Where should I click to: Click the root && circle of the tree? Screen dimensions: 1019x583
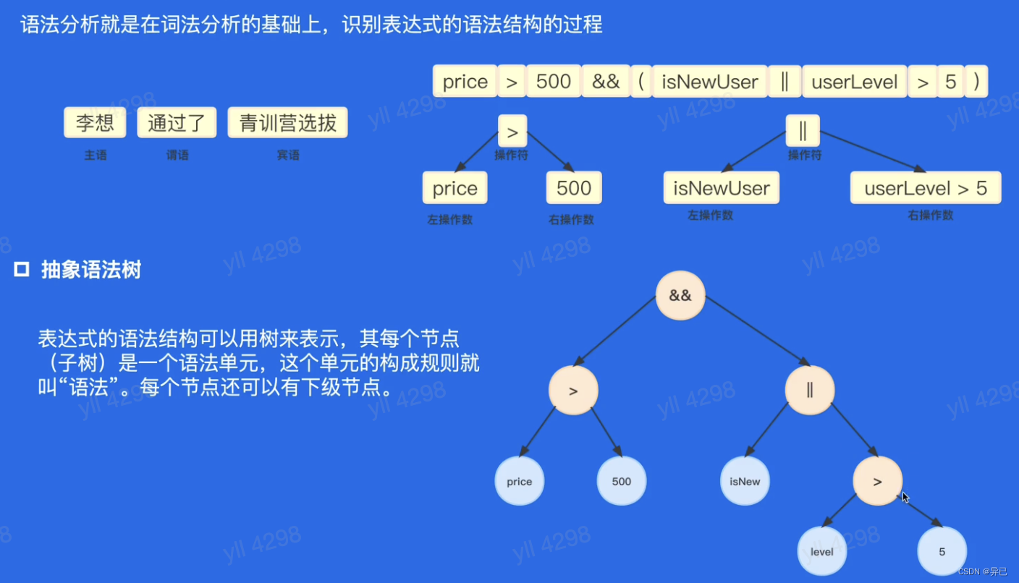tap(680, 296)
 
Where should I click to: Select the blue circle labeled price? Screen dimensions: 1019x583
tap(520, 481)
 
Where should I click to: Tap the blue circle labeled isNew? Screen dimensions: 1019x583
tap(745, 481)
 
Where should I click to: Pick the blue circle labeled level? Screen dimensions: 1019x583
tap(822, 551)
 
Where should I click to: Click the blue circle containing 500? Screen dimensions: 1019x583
tap(622, 481)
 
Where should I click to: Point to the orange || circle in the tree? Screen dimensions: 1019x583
tap(810, 391)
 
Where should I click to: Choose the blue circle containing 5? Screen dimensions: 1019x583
tap(942, 551)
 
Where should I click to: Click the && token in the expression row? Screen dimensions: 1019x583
tap(606, 82)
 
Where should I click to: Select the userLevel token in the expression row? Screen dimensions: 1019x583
tap(855, 82)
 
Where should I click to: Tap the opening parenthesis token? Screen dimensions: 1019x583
tap(640, 82)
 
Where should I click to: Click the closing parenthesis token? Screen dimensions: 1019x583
tap(976, 82)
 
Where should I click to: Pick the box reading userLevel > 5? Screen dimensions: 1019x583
tap(926, 188)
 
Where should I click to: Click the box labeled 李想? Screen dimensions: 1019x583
tap(95, 123)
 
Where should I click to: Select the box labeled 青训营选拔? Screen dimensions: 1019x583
tap(288, 123)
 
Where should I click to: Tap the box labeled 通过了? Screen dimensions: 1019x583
tap(177, 123)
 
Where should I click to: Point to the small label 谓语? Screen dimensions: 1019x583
tap(177, 155)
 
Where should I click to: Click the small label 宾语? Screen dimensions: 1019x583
tap(288, 155)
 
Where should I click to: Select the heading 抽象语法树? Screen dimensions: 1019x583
tap(91, 271)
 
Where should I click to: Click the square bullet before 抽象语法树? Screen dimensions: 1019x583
tap(22, 271)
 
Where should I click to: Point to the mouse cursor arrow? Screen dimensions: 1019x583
tap(905, 498)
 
